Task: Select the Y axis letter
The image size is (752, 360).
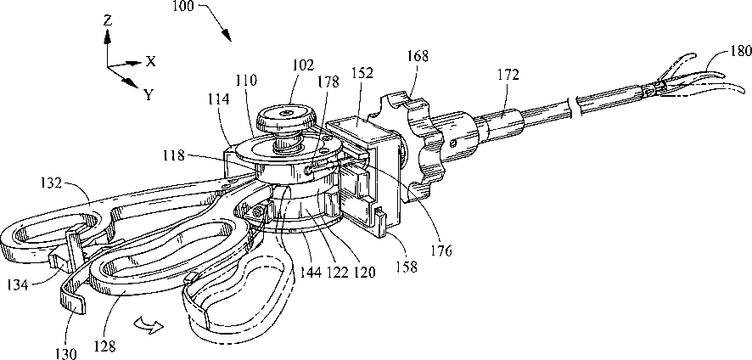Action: (149, 94)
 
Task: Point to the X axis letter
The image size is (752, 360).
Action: (150, 61)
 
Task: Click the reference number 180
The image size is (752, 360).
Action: (740, 51)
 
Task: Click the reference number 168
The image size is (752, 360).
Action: (418, 58)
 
